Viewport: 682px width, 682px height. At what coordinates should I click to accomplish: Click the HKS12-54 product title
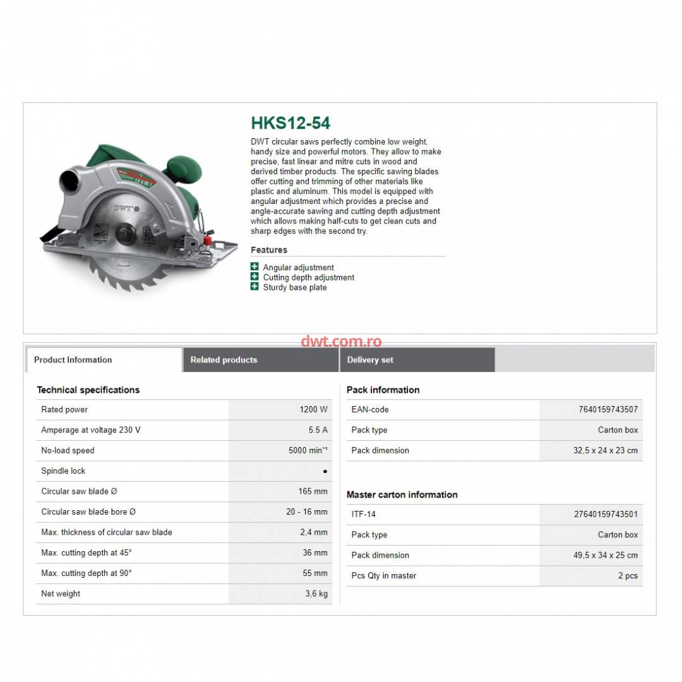(290, 123)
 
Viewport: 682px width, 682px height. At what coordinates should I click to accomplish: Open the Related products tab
(224, 360)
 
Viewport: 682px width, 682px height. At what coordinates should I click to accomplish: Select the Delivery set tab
(370, 360)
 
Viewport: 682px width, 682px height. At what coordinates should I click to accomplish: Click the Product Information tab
(73, 360)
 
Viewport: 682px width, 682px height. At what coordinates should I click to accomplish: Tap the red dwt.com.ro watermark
(341, 342)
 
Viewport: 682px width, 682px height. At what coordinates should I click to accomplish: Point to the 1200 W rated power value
(313, 409)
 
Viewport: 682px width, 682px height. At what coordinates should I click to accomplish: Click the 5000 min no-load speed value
(308, 450)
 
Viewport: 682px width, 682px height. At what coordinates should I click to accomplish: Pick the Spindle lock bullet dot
(325, 471)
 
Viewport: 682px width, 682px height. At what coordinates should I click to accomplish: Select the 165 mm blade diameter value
(313, 491)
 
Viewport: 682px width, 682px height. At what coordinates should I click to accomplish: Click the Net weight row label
(61, 594)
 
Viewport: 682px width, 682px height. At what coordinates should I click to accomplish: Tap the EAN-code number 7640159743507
(607, 409)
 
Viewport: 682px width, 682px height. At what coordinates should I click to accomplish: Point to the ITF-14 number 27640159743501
(606, 514)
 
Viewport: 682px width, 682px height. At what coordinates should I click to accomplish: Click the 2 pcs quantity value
(628, 575)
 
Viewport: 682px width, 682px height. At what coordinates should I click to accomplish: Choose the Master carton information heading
(402, 494)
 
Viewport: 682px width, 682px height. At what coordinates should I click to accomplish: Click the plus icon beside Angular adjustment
(254, 267)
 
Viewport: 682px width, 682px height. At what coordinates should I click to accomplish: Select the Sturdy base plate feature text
(295, 287)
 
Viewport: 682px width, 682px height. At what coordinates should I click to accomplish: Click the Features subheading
(268, 250)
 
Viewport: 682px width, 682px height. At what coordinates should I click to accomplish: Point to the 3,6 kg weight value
(316, 594)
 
